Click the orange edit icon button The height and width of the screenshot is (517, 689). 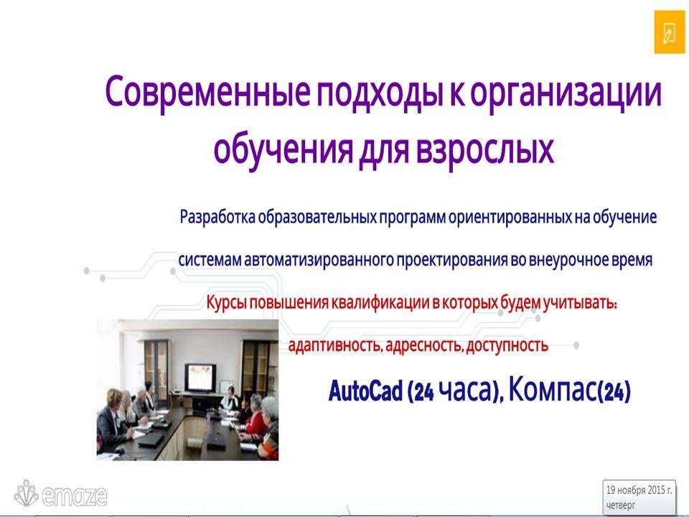pyautogui.click(x=669, y=32)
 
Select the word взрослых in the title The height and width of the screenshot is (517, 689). pyautogui.click(x=484, y=150)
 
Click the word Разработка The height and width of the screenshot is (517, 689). pyautogui.click(x=217, y=217)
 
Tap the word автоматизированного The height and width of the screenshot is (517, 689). pyautogui.click(x=319, y=260)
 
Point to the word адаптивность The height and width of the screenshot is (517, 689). pyautogui.click(x=334, y=345)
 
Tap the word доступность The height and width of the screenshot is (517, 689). pyautogui.click(x=507, y=345)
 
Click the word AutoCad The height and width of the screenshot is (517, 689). pyautogui.click(x=365, y=391)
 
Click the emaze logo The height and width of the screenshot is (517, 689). pyautogui.click(x=60, y=494)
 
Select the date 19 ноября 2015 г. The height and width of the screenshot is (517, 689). pyautogui.click(x=639, y=490)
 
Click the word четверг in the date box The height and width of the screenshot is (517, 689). pyautogui.click(x=621, y=505)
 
